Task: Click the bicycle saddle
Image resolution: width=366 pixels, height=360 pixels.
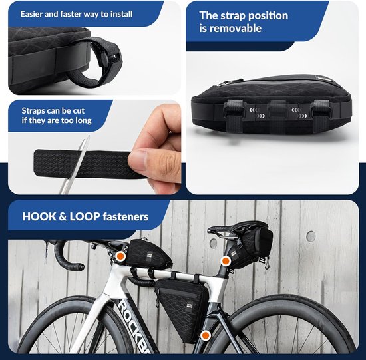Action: click(236, 228)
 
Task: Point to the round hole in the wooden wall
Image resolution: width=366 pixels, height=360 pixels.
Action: click(311, 236)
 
